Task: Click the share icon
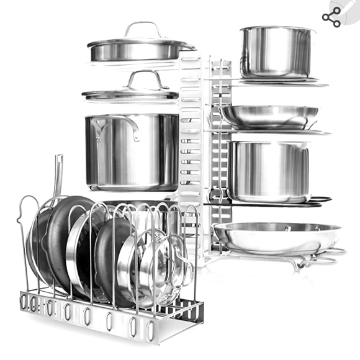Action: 331,19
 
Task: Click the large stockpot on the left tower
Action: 132,152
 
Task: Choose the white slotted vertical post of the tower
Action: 190,124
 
